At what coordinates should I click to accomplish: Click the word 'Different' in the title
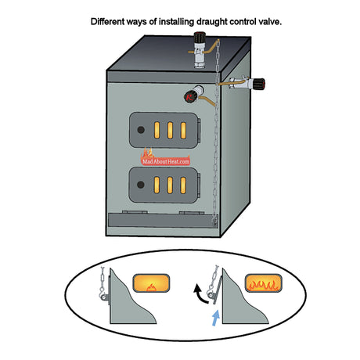(111, 21)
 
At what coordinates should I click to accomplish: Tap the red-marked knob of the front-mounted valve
(190, 97)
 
